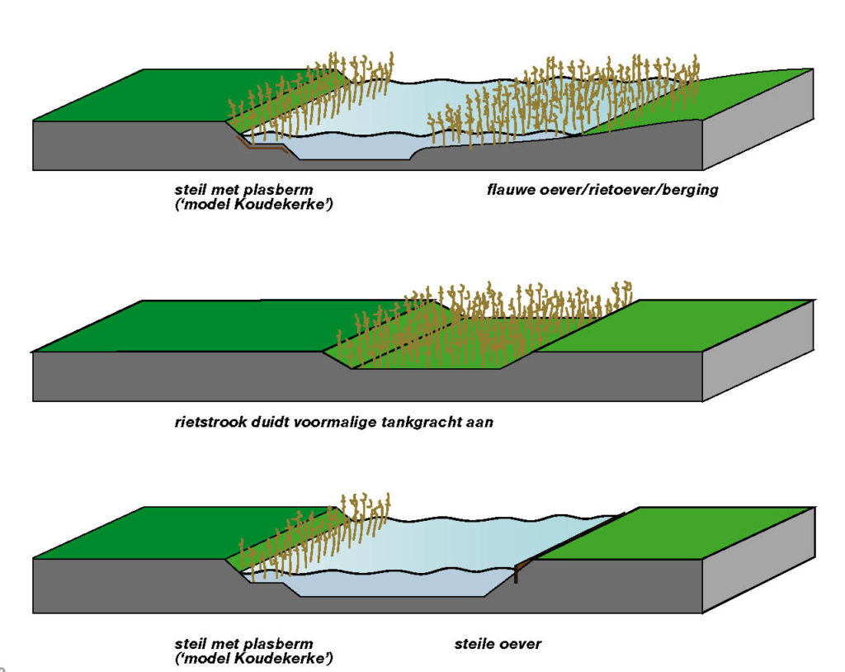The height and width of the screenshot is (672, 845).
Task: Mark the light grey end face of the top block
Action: [758, 119]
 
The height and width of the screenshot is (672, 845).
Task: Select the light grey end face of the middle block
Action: [758, 351]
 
